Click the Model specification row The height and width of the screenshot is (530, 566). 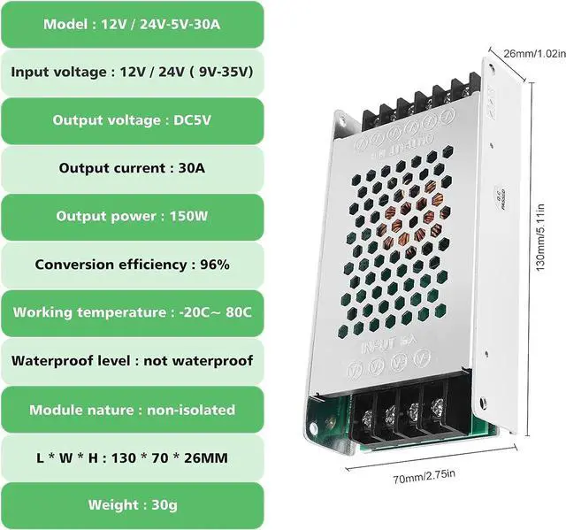(132, 24)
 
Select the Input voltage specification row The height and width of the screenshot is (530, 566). (132, 72)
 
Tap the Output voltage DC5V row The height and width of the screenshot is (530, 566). (132, 120)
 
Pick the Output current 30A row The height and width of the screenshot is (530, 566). (132, 168)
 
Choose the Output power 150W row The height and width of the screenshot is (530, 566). (132, 217)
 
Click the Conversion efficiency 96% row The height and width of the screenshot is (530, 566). (132, 265)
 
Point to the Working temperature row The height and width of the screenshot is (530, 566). (132, 312)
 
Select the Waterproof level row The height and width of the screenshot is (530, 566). (132, 361)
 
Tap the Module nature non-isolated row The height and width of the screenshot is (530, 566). (132, 410)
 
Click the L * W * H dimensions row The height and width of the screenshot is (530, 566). (132, 458)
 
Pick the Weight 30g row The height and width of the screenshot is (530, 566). (132, 506)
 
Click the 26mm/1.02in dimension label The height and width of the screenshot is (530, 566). (528, 53)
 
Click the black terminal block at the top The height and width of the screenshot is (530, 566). (416, 106)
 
